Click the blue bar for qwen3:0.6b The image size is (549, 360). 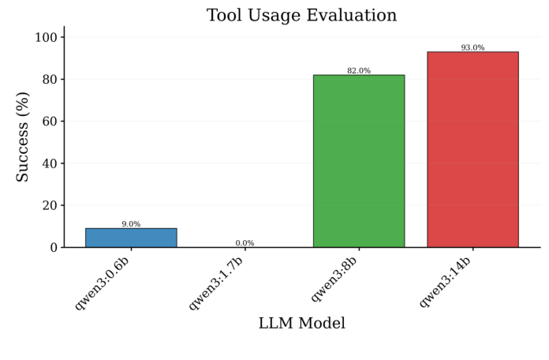pyautogui.click(x=131, y=238)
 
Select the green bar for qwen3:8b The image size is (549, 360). pyautogui.click(x=359, y=161)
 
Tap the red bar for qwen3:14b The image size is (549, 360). pyautogui.click(x=472, y=149)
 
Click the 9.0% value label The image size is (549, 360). pyautogui.click(x=131, y=224)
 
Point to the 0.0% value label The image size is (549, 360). pyautogui.click(x=245, y=243)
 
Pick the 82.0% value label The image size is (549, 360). pyautogui.click(x=359, y=71)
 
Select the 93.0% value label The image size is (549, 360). pyautogui.click(x=472, y=48)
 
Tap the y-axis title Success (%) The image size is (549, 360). pyautogui.click(x=23, y=137)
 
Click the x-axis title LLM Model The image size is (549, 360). pyautogui.click(x=301, y=324)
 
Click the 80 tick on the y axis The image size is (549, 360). pyautogui.click(x=48, y=80)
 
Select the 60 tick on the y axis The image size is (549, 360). pyautogui.click(x=48, y=122)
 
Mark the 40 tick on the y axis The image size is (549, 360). pyautogui.click(x=48, y=163)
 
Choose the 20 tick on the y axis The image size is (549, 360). pyautogui.click(x=48, y=205)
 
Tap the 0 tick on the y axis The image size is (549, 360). pyautogui.click(x=52, y=247)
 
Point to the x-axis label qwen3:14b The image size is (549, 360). pyautogui.click(x=450, y=280)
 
